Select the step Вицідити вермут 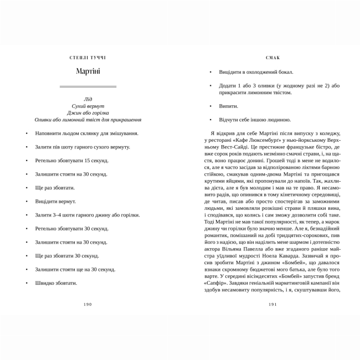[x=55, y=201]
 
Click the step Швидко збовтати [x=56, y=283]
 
